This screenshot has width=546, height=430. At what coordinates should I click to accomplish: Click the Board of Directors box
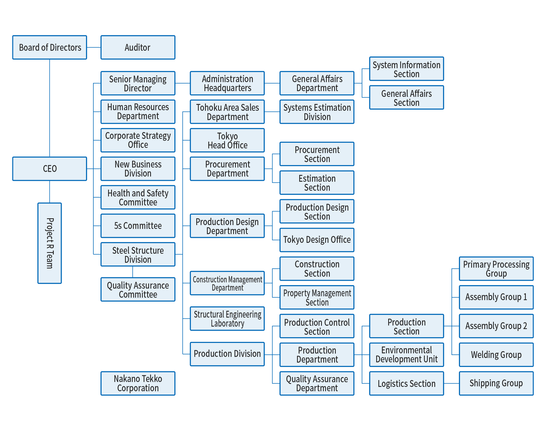(x=50, y=47)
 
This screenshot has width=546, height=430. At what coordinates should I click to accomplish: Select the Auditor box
(x=138, y=47)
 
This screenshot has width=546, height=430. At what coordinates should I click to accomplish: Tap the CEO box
(x=50, y=169)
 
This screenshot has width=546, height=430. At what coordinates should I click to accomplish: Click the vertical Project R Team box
(x=50, y=243)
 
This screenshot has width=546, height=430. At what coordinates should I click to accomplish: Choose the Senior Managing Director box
(x=138, y=83)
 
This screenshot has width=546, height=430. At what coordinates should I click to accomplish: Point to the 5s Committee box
(x=138, y=226)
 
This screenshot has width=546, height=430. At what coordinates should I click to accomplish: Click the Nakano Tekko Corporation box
(x=138, y=383)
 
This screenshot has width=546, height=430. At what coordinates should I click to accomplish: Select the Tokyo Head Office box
(x=227, y=140)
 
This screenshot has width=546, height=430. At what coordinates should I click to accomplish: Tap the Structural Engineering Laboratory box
(x=227, y=318)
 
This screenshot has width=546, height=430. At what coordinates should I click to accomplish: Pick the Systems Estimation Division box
(x=317, y=112)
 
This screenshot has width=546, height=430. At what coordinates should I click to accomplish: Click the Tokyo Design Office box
(x=317, y=240)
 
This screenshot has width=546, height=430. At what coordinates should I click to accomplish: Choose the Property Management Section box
(x=317, y=297)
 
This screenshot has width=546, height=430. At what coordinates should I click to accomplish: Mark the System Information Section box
(x=406, y=69)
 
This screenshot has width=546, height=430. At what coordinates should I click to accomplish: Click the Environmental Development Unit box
(x=406, y=354)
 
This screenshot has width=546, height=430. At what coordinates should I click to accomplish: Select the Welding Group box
(x=496, y=354)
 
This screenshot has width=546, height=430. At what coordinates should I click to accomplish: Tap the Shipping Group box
(x=496, y=383)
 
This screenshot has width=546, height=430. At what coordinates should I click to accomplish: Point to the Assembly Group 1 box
(x=496, y=297)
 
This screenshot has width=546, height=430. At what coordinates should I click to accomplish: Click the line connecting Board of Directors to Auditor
(x=94, y=47)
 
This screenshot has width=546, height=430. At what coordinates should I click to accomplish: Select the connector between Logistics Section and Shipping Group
(x=452, y=383)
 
